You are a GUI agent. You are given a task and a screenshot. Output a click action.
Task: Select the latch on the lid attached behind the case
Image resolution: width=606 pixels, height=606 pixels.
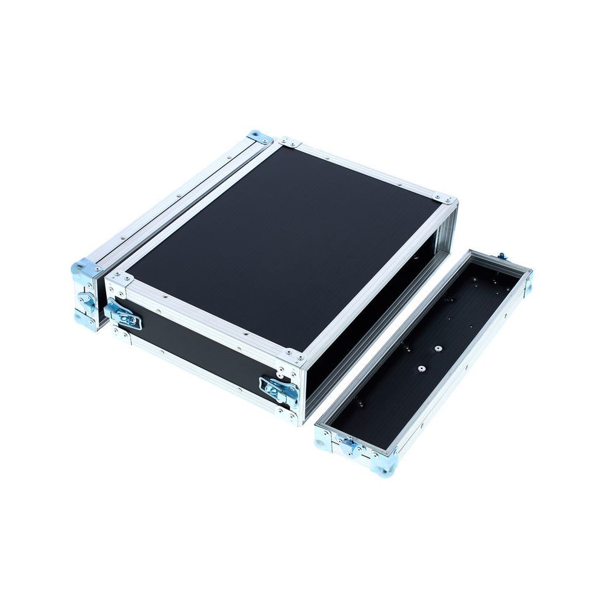(86, 301)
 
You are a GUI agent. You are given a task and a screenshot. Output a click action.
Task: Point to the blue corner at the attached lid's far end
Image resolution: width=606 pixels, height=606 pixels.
(261, 137)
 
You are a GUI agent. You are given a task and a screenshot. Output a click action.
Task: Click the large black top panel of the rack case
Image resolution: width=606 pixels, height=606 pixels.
(285, 242)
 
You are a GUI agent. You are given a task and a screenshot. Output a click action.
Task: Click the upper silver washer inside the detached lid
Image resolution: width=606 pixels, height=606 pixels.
(437, 349)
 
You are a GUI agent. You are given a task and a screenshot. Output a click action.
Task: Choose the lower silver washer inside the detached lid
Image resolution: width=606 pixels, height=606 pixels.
(419, 368)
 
